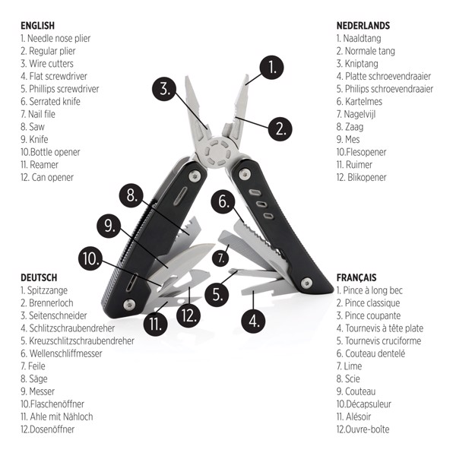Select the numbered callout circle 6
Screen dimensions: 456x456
click(223, 202)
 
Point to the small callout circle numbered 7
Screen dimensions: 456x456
click(220, 257)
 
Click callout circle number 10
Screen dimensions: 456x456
click(90, 258)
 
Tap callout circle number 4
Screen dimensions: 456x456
click(253, 320)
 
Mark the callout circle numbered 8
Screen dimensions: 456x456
click(131, 195)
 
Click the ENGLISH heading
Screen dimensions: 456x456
click(37, 25)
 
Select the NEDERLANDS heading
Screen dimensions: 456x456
click(363, 25)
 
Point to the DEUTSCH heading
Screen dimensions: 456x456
click(39, 277)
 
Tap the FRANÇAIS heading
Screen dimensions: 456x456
click(356, 277)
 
